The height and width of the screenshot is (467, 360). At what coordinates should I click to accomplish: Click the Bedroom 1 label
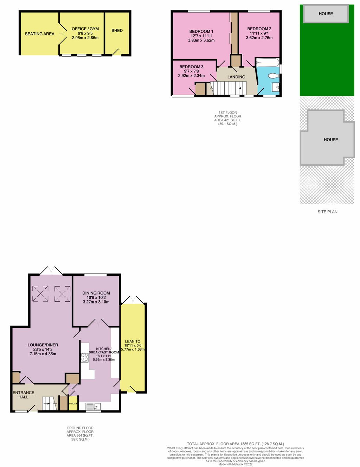(x=201, y=31)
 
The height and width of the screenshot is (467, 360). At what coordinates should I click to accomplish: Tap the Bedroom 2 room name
(x=259, y=29)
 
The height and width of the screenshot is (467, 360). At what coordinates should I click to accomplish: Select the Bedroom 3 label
(x=191, y=67)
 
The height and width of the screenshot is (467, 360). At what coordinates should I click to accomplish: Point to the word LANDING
(x=236, y=77)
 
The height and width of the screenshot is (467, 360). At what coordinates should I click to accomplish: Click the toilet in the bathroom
(x=273, y=76)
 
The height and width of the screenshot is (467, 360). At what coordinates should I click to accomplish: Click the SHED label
(x=117, y=31)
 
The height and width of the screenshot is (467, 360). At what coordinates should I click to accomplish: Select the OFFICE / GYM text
(x=85, y=29)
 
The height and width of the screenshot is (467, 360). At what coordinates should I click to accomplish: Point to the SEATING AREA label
(x=39, y=34)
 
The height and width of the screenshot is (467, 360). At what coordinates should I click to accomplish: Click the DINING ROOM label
(x=96, y=293)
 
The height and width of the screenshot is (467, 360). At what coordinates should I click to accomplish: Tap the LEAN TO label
(x=133, y=341)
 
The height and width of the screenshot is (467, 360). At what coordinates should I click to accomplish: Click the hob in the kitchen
(x=84, y=358)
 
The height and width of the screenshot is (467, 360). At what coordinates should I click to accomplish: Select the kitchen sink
(x=93, y=407)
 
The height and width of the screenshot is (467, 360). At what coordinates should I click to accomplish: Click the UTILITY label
(x=73, y=404)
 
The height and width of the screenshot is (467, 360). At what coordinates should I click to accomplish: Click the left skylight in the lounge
(x=40, y=294)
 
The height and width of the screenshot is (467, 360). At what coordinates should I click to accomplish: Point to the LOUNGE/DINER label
(x=43, y=345)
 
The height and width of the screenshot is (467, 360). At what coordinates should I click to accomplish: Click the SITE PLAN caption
(x=327, y=212)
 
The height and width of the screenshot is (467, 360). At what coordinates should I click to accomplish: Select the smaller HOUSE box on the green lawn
(x=326, y=14)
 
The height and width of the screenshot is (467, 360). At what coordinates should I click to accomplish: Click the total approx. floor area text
(x=235, y=444)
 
